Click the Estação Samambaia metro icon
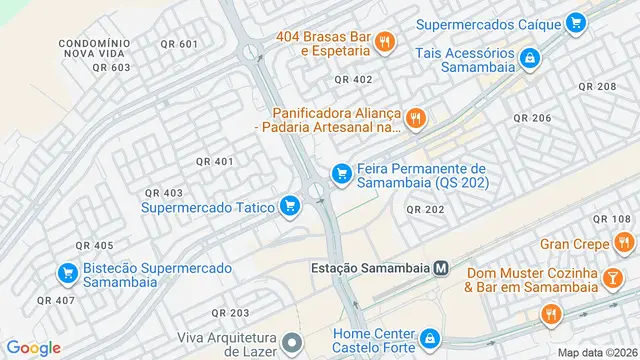(x=455, y=268)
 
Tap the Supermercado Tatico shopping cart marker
(x=290, y=206)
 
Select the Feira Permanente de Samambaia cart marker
(x=341, y=175)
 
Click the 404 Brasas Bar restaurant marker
(x=385, y=41)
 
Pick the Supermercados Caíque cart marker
(x=574, y=21)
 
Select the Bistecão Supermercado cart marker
(x=67, y=272)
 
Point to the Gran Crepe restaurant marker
(x=624, y=242)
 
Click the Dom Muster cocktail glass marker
(x=609, y=280)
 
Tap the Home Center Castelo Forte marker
(x=430, y=340)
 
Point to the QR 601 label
(x=178, y=44)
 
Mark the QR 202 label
(x=425, y=209)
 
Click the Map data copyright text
(x=596, y=352)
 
